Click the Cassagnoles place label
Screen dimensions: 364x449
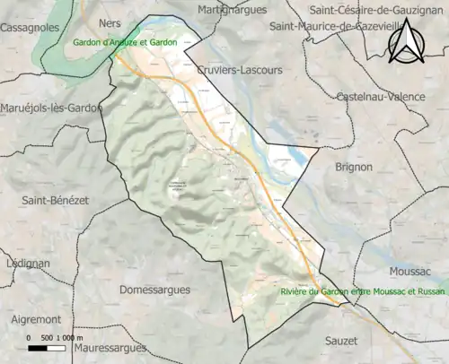31,29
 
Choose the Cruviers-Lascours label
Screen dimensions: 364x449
239,69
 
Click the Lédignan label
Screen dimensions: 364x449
25,264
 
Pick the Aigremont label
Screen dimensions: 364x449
36,319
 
